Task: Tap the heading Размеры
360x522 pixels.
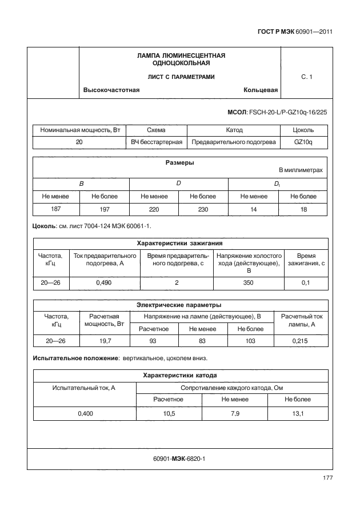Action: tap(179, 163)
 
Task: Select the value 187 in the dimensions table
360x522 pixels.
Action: tap(56, 209)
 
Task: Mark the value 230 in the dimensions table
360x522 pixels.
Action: tap(203, 209)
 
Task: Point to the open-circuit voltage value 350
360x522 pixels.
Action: tap(249, 282)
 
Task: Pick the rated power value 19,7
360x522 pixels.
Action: tap(105, 341)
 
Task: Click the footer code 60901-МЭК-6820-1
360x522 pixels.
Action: tap(179, 459)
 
